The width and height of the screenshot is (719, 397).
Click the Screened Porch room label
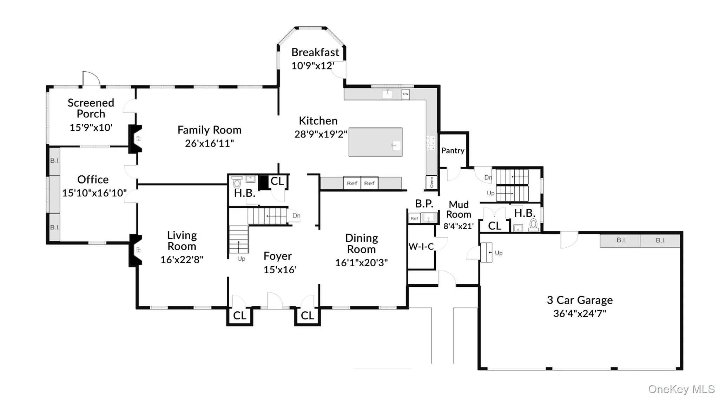91,108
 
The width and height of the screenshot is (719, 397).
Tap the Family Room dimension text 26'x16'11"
210,143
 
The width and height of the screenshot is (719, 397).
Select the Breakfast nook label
315,52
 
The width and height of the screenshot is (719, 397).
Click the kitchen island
375,142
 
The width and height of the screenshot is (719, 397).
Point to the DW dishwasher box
405,94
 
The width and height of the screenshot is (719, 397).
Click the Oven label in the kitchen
431,182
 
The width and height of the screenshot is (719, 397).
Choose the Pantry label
453,150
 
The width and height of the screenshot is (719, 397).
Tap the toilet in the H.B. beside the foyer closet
237,182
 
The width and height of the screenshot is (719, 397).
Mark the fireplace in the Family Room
136,139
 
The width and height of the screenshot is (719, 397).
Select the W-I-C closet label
421,247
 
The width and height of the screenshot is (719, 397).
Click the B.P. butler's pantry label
424,203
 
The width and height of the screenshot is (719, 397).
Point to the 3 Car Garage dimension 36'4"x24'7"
580,313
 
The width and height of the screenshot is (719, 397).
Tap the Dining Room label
362,243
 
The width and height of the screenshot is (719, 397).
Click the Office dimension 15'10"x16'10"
94,193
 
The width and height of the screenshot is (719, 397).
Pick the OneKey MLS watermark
681,389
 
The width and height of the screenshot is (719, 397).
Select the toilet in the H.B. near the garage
534,224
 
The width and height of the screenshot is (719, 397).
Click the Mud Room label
459,209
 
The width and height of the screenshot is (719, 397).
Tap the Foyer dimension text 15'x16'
280,269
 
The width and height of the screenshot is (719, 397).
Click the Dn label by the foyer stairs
296,216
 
